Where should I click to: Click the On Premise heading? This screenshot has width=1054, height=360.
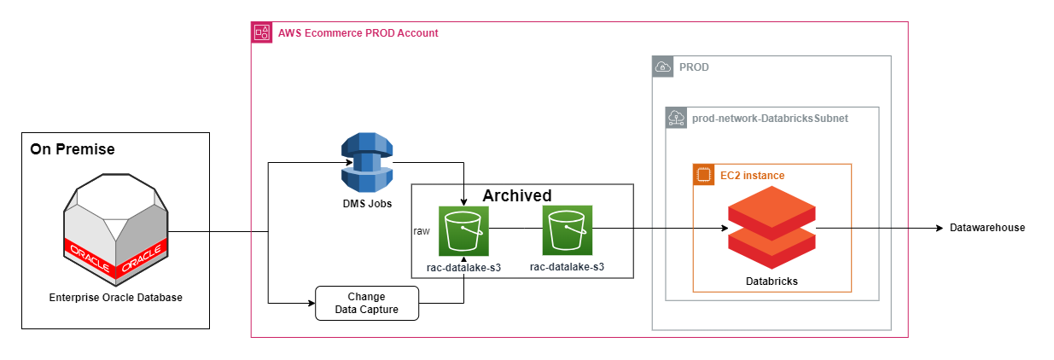[x=73, y=150]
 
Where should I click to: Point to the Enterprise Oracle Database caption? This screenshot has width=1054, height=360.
[x=115, y=298]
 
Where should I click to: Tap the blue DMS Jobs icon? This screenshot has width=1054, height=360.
[x=366, y=163]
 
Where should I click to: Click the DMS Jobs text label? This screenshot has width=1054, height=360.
[x=366, y=205]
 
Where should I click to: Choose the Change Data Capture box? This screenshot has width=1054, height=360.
[x=367, y=303]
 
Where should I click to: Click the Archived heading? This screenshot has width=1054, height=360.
[x=517, y=195]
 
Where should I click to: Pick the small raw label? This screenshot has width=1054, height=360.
[x=422, y=231]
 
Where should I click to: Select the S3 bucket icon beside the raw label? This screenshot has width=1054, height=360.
[x=463, y=230]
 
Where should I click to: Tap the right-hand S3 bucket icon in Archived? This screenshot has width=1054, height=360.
[x=567, y=230]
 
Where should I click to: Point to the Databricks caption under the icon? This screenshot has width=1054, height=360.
[x=772, y=281]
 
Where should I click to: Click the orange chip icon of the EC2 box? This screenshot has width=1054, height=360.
[x=702, y=174]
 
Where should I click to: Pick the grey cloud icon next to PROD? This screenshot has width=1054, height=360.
[x=662, y=67]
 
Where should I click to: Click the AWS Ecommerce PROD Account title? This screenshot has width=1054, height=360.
[x=358, y=33]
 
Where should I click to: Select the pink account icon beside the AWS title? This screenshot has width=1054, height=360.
[x=261, y=33]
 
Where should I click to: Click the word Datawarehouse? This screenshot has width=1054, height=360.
[x=987, y=228]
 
